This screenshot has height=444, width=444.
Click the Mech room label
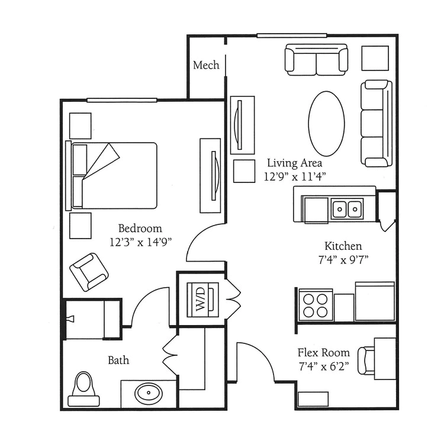(206, 65)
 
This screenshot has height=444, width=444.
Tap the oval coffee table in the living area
(326, 124)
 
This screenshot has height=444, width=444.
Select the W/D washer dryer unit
(202, 300)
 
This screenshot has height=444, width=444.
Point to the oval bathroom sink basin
(149, 393)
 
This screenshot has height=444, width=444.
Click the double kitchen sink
(347, 209)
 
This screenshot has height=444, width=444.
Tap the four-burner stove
(316, 305)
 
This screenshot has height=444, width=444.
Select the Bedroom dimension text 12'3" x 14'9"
(141, 242)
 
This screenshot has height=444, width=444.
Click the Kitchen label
(343, 246)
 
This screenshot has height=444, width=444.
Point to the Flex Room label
(324, 353)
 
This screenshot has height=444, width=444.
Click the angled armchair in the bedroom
(89, 272)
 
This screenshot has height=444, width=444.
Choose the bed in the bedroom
(111, 176)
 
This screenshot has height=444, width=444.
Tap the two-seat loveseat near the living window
(316, 59)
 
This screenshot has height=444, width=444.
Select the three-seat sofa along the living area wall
(377, 124)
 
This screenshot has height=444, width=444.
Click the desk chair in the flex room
(366, 361)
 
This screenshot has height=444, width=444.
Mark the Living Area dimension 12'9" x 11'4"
(295, 177)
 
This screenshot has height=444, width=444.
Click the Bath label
(118, 360)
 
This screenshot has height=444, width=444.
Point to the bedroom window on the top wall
(122, 100)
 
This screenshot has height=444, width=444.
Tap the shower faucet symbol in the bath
(70, 319)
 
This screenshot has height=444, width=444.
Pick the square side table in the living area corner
(375, 58)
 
